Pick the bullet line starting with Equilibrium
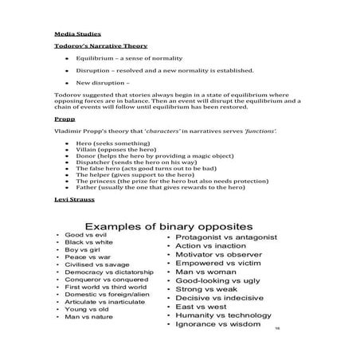pyautogui.click(x=127, y=59)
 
